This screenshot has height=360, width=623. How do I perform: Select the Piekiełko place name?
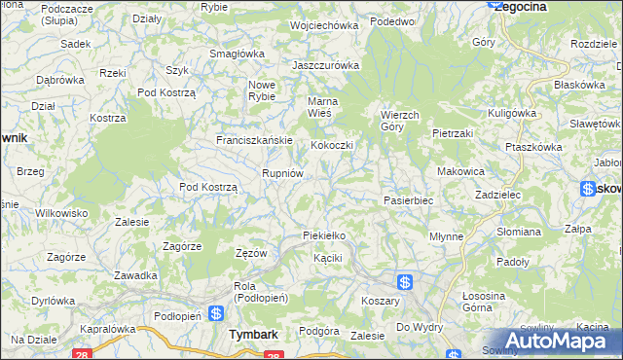(324, 236)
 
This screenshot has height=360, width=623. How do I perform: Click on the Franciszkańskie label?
(254, 140)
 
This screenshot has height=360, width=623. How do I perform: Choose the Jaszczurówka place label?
(327, 65)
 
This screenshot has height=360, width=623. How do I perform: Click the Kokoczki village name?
(331, 145)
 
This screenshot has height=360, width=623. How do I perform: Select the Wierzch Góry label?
(399, 120)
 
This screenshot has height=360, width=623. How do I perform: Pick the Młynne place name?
(446, 236)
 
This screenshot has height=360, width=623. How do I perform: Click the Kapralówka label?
(107, 329)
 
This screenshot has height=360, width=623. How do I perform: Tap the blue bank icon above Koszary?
(405, 281)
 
